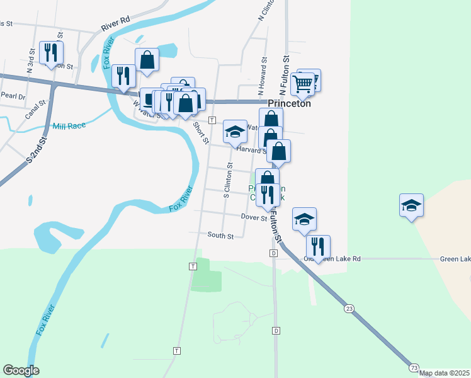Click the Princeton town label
290,104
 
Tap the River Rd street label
115,24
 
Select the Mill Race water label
69,126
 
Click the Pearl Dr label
13,96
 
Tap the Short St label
201,132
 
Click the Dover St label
254,217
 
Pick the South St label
220,236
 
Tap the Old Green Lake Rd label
340,258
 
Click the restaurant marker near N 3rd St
49,52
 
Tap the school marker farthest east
411,204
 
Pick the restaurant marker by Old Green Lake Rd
318,246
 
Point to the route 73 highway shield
414,367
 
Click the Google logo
21,370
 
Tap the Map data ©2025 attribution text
444,373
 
